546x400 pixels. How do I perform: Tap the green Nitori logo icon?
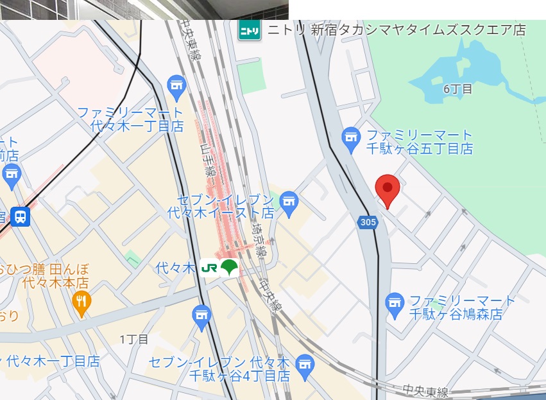coord(249,30)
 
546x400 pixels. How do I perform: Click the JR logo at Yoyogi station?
coord(209,268)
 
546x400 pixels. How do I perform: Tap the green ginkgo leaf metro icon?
coord(228,268)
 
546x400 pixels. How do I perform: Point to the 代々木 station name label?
coord(175,268)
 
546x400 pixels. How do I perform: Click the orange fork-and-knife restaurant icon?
coord(81,303)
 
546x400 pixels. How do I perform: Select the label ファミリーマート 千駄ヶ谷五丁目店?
coord(419,142)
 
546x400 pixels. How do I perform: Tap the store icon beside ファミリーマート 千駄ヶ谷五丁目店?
coord(350,138)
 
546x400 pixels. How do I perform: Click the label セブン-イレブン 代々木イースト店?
coord(221,205)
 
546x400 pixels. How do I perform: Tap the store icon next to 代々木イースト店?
coord(289,204)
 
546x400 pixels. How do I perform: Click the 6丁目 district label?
coord(458,89)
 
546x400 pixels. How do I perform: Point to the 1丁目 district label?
coord(134,339)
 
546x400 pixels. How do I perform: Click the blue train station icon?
coord(21,217)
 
